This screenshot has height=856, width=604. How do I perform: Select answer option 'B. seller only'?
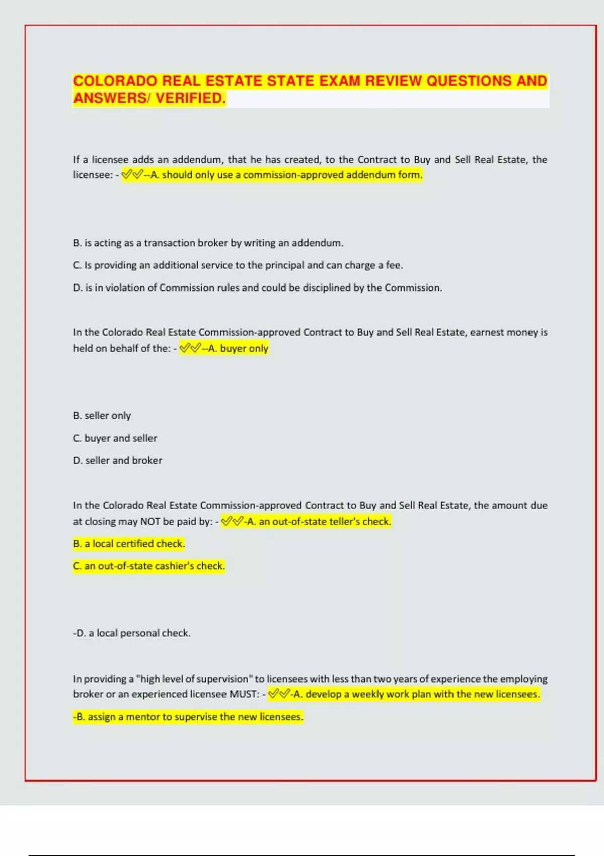[102, 416]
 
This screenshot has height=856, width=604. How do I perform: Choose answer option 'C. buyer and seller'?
[115, 438]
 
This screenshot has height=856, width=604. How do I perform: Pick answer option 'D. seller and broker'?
[118, 460]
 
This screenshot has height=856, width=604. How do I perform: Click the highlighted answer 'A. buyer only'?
[238, 348]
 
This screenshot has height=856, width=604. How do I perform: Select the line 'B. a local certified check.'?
[129, 544]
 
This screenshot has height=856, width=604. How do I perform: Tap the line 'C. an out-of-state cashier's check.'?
[149, 566]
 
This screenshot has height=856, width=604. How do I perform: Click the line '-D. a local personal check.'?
[132, 633]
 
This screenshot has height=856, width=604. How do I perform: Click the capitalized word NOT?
[150, 522]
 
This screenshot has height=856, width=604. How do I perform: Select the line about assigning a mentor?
[188, 717]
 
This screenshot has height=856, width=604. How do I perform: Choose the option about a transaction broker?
[208, 243]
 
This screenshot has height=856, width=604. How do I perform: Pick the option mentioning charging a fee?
[238, 265]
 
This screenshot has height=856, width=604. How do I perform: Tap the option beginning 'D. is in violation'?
[258, 288]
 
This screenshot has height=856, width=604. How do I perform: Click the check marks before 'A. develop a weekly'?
[279, 694]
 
